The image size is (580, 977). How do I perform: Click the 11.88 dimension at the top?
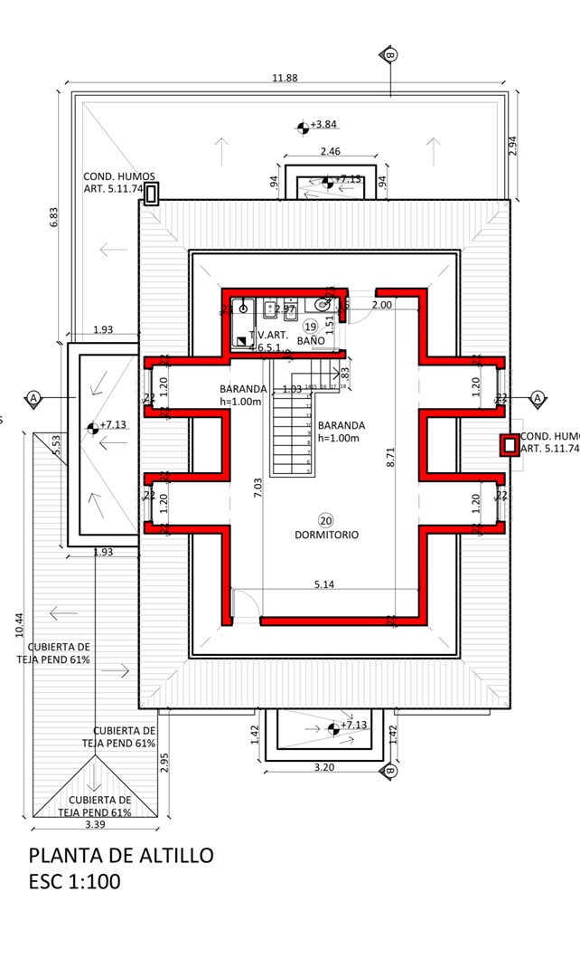click(285, 78)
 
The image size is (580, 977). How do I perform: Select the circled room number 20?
click(325, 519)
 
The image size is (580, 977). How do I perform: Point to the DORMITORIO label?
click(326, 535)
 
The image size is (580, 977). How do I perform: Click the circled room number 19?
click(310, 326)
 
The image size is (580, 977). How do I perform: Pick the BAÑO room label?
click(312, 340)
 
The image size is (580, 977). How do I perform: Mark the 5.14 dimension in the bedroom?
click(324, 585)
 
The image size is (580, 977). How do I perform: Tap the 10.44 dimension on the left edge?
click(20, 624)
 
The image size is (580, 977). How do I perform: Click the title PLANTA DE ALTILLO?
click(121, 855)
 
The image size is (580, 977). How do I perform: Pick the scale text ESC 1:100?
click(74, 882)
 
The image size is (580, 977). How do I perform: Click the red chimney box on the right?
click(510, 444)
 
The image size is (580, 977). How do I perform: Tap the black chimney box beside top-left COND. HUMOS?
click(152, 192)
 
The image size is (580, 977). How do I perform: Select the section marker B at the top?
click(390, 55)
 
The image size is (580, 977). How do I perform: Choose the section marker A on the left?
click(33, 398)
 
